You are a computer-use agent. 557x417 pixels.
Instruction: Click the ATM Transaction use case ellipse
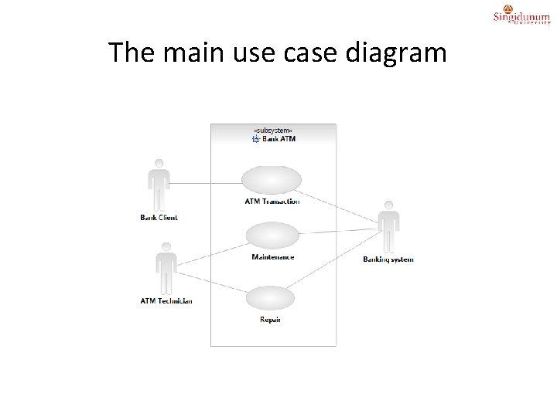click(272, 180)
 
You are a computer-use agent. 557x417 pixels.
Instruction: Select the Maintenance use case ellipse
click(272, 236)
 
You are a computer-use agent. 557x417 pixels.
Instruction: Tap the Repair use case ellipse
click(270, 298)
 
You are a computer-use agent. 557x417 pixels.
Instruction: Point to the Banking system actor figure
click(388, 225)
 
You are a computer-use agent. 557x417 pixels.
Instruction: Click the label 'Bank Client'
click(159, 218)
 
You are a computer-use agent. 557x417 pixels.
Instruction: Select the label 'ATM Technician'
click(166, 301)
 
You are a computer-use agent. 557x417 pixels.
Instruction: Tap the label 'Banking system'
click(388, 259)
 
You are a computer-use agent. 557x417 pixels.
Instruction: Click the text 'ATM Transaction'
click(272, 202)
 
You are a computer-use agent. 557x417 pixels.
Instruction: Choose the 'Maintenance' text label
click(272, 257)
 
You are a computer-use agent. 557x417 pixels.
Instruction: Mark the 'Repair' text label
click(270, 320)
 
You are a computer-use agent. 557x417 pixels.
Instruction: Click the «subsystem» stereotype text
click(273, 131)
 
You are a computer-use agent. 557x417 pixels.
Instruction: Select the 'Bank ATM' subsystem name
click(278, 140)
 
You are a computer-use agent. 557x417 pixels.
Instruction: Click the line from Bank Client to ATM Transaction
click(205, 183)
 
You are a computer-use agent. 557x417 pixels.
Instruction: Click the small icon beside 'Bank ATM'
click(256, 140)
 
